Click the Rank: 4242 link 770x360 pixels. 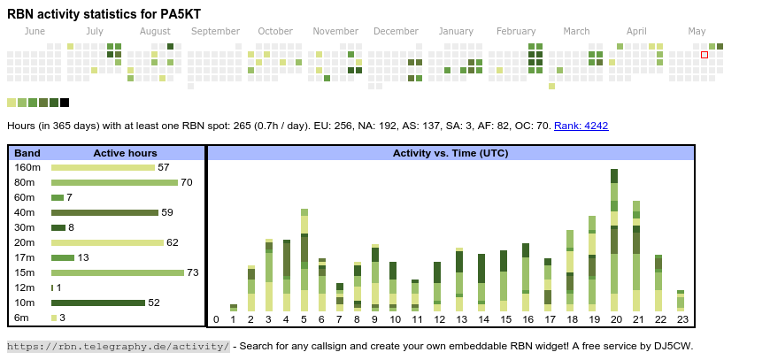[x=581, y=126]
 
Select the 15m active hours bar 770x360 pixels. [x=118, y=272]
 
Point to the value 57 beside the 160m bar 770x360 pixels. [x=164, y=167]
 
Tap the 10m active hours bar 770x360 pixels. [x=97, y=303]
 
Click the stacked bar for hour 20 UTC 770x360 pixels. [x=614, y=239]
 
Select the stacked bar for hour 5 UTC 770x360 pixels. [x=304, y=260]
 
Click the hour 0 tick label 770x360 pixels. [x=216, y=319]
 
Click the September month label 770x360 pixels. [x=215, y=32]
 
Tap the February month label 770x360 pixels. [x=516, y=32]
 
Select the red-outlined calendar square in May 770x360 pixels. [x=705, y=55]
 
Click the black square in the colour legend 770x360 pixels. [x=65, y=103]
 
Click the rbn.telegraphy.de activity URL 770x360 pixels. [x=119, y=346]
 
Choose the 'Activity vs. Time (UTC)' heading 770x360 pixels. [x=450, y=153]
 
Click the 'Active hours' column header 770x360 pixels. [x=125, y=153]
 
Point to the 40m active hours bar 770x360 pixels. [x=104, y=212]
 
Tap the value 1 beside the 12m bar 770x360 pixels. [x=59, y=287]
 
